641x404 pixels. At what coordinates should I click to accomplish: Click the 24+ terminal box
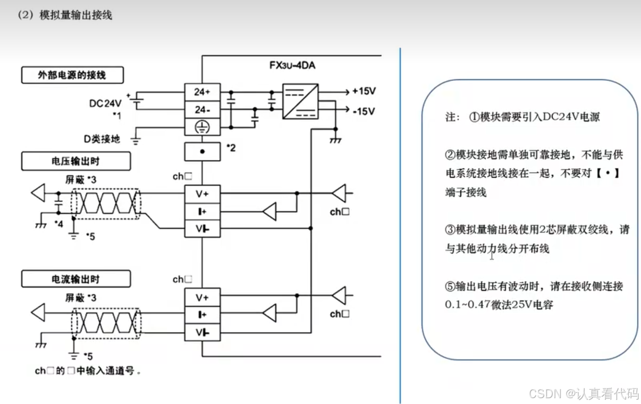point(202,92)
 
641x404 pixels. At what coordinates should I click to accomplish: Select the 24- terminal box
point(202,110)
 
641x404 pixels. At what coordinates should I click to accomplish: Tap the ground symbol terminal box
point(202,127)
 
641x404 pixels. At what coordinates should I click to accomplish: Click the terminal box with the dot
point(202,151)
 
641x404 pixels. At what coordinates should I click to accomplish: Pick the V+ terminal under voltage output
point(202,194)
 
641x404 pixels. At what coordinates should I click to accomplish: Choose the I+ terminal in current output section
point(202,314)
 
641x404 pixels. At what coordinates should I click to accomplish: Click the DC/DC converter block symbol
point(300,100)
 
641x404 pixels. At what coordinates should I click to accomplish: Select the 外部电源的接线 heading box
point(72,75)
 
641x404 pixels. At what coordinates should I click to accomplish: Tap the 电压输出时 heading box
point(75,161)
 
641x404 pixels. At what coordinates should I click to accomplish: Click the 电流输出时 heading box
point(75,279)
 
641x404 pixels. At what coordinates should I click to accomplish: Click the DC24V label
point(105,103)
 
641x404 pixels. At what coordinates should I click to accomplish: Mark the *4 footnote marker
point(59,224)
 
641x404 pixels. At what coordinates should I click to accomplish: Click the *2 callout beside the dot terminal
point(231,148)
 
